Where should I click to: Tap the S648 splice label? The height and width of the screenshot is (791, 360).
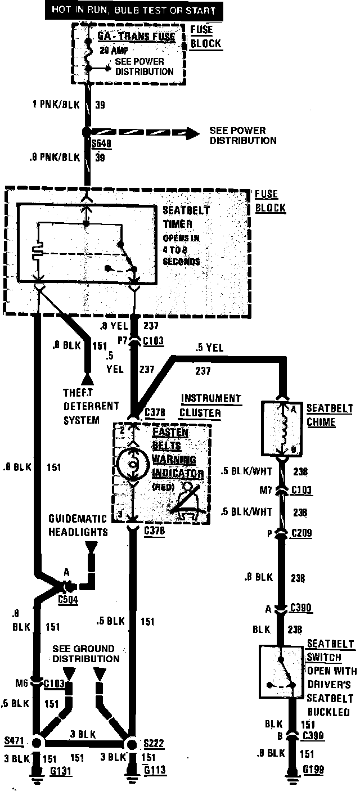point(102,143)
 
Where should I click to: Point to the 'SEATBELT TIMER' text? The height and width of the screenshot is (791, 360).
point(186,217)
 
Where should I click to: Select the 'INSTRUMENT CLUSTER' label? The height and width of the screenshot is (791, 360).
point(211,405)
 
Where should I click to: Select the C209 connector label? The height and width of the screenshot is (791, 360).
point(301,532)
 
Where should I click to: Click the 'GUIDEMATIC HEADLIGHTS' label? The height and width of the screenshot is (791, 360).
point(78,525)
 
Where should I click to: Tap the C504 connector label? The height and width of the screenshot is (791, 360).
point(68,599)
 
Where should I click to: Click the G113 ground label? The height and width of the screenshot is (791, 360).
point(155,770)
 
